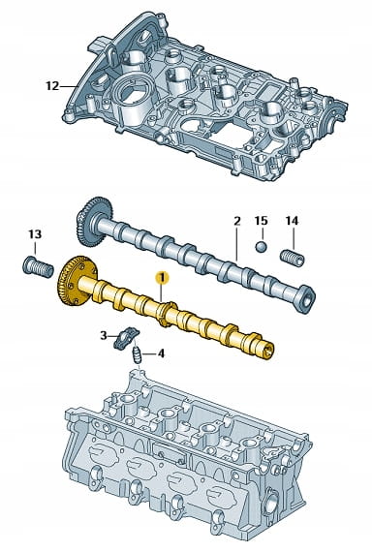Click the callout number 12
pyautogui.click(x=52, y=86)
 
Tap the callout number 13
pyautogui.click(x=35, y=234)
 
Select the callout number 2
pyautogui.click(x=236, y=222)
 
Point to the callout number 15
pyautogui.click(x=261, y=221)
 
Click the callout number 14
pyautogui.click(x=292, y=221)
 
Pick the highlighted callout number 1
pyautogui.click(x=163, y=278)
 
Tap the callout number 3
pyautogui.click(x=104, y=335)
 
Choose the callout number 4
pyautogui.click(x=161, y=353)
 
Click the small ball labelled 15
pyautogui.click(x=261, y=247)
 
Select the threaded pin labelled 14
pyautogui.click(x=293, y=258)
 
